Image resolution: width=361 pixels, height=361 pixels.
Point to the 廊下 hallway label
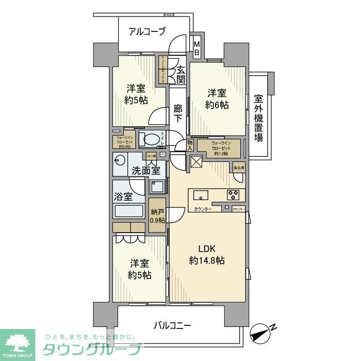point(178,113)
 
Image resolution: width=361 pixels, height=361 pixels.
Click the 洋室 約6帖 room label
point(217,99)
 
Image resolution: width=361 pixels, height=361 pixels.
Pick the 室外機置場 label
point(258,118)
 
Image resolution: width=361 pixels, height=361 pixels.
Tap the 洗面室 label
point(145,171)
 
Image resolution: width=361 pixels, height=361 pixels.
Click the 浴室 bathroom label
point(124,196)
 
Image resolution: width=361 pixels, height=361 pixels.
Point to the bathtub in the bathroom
point(129,212)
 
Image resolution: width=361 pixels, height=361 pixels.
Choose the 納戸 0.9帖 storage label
point(158,215)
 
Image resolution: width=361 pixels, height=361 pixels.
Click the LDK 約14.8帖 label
point(206,255)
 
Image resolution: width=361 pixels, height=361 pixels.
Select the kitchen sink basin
point(201,195)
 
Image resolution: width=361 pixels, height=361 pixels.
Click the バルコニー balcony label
point(173,325)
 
